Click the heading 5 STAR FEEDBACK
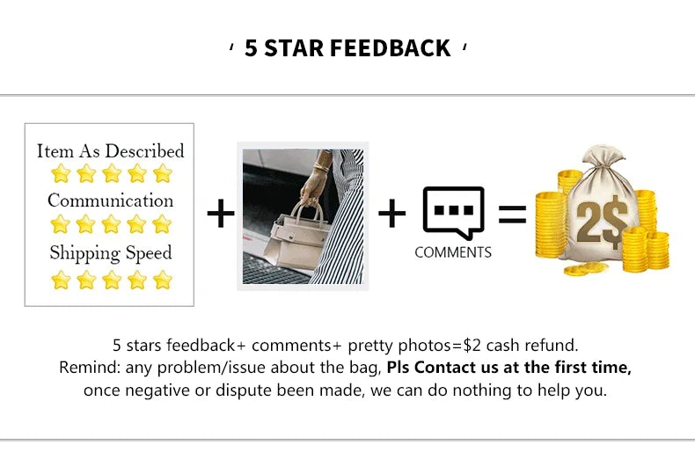point(347,47)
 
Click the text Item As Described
point(110,150)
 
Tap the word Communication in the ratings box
point(110,201)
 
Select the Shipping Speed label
point(110,253)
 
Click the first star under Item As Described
point(61,173)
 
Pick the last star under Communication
point(162,224)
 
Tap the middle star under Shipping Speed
point(111,280)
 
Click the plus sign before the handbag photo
point(221,214)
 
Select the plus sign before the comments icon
point(391,213)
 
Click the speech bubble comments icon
point(453,211)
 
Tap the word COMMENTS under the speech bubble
point(453,252)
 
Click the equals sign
point(512,214)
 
